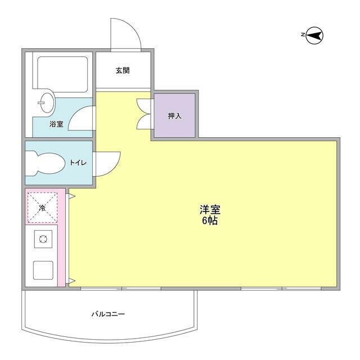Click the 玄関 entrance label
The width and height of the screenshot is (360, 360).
123,71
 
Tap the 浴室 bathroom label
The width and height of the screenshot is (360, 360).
56,124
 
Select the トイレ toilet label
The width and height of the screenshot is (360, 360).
78,163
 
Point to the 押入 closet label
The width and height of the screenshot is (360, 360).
174,116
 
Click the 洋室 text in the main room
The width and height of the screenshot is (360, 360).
210,210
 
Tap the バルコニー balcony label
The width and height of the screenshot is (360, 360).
109,313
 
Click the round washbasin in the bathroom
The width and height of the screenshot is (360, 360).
47,102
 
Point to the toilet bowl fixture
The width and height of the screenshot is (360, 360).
45,164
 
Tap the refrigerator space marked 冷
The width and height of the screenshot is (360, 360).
42,208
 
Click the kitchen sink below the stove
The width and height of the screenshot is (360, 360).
43,270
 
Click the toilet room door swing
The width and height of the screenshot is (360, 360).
107,164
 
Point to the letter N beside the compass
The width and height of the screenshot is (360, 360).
303,35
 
